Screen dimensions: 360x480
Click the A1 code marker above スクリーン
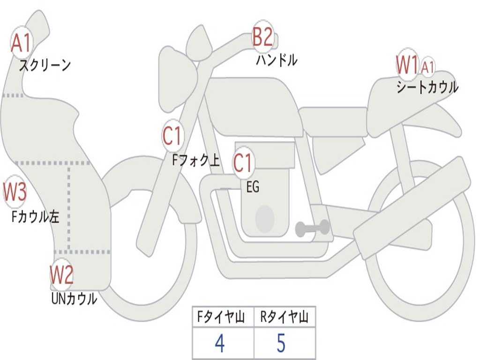pos(21,43)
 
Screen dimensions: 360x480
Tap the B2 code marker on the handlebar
pos(262,37)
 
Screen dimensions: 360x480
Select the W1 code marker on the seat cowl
pos(406,65)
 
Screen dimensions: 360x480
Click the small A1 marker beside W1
pos(427,67)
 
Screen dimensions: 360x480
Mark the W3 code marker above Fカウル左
pos(15,191)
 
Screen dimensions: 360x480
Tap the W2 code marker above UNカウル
pos(61,274)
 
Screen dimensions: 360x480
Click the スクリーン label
pos(45,65)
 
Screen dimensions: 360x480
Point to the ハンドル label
pos(277,60)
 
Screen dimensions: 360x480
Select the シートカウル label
pos(427,87)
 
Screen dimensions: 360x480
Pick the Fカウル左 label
pos(36,217)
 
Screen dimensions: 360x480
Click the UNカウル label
pos(74,299)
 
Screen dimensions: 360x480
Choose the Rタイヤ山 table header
pos(284,318)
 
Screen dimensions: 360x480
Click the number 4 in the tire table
pos(219,344)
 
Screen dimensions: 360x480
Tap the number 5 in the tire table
pos(281,344)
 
